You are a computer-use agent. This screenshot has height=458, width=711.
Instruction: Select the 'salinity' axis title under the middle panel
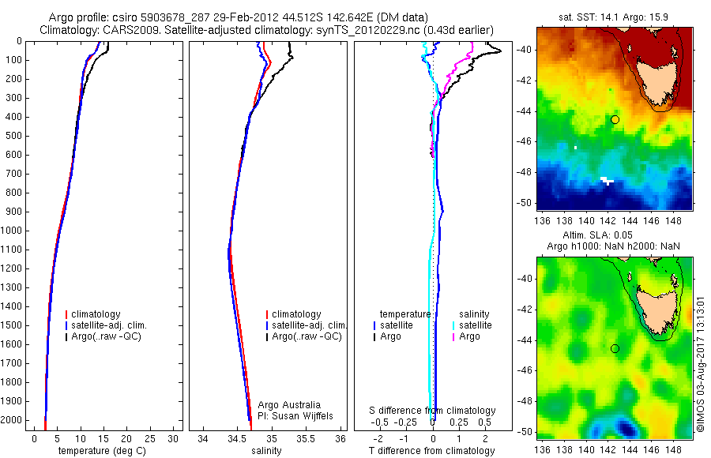(265, 451)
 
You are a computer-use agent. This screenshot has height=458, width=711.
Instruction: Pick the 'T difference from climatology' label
(432, 451)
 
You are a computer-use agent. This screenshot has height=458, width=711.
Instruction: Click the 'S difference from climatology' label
(432, 411)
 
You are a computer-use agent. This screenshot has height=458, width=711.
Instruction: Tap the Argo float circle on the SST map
(615, 119)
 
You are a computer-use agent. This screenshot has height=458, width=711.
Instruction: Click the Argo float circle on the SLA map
(615, 348)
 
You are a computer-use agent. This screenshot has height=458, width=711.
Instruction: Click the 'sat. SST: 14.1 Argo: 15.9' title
(613, 16)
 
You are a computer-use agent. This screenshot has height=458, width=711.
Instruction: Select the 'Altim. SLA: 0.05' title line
(613, 235)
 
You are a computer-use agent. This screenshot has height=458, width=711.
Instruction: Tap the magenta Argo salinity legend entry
(469, 336)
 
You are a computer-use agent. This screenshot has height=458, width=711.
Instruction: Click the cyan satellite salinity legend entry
(475, 325)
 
